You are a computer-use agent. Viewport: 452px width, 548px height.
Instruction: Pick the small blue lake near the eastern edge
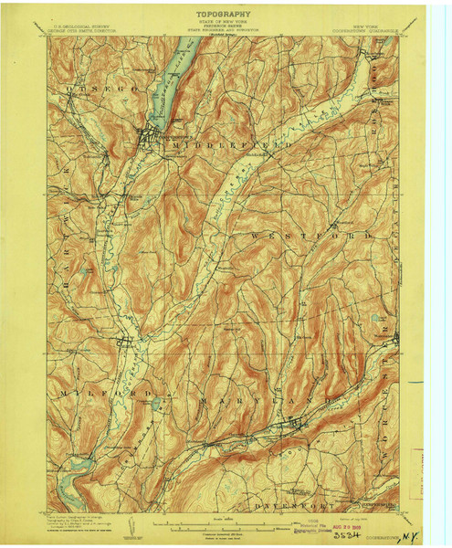click(x=375, y=319)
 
